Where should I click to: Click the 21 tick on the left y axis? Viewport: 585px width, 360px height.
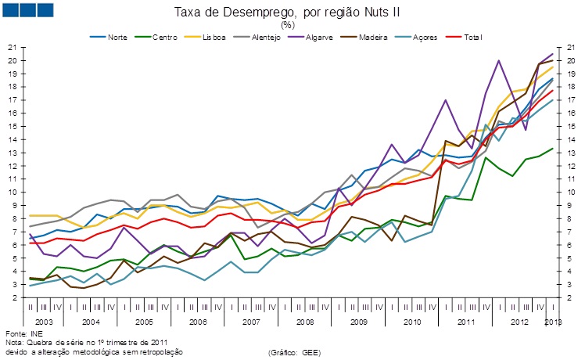click(x=13, y=48)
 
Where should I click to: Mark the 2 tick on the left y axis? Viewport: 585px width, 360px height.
click(x=15, y=298)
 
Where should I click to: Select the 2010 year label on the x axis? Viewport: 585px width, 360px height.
click(x=411, y=322)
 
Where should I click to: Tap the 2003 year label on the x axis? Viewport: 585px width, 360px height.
click(x=43, y=322)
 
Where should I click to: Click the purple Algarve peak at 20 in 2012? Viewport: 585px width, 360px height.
click(x=498, y=61)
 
